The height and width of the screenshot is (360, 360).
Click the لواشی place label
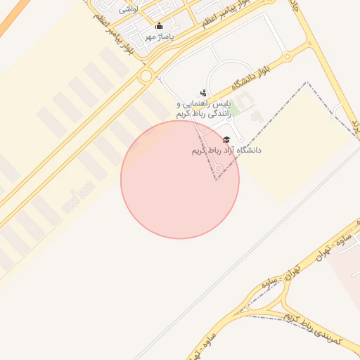point(129,9)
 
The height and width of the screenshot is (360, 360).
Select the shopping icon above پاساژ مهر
point(159,26)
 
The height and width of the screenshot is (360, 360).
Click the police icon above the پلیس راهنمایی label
point(203,93)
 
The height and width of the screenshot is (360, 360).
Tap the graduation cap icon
point(226,140)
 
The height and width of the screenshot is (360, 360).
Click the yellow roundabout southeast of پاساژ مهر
point(146,75)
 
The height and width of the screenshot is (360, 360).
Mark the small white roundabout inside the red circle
point(219,168)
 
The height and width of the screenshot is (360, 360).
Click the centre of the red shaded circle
point(180,179)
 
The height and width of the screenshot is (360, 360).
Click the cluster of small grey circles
point(78,196)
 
